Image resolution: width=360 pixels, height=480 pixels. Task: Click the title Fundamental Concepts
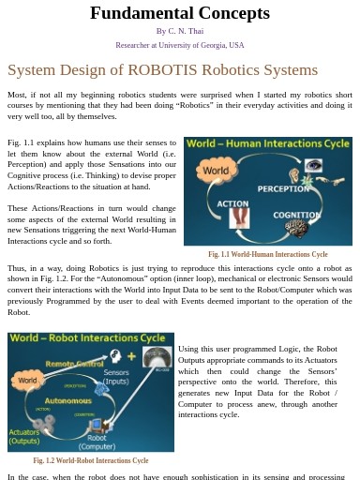(180, 13)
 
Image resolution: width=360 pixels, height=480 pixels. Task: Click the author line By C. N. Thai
(180, 31)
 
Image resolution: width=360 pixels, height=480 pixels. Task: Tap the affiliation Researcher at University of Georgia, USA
(180, 45)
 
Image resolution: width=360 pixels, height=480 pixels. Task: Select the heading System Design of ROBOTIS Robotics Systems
(162, 70)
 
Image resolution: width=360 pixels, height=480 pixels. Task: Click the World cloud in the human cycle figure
(215, 172)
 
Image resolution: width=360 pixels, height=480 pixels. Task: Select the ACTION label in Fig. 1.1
(232, 202)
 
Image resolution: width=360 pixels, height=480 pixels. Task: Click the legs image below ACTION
(240, 219)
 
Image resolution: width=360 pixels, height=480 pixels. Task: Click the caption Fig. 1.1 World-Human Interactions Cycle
(267, 254)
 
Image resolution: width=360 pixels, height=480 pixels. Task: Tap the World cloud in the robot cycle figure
(27, 381)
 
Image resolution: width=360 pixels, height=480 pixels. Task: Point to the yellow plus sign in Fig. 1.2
(131, 356)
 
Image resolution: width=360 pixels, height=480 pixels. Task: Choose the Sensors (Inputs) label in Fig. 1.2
(116, 377)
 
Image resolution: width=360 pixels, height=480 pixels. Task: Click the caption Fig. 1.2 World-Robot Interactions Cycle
(90, 460)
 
